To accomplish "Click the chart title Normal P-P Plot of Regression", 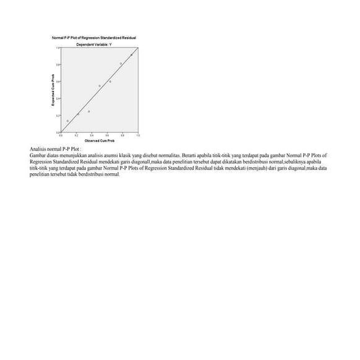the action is [x=95, y=38].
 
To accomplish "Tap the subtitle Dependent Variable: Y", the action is [x=94, y=45].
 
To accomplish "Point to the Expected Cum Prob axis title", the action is [x=53, y=90].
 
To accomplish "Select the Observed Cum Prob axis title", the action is [x=100, y=141].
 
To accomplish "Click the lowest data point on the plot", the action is [x=67, y=121].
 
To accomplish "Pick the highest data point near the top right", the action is [x=131, y=54].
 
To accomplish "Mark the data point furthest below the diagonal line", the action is [x=89, y=111].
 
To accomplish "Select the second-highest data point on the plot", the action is [x=121, y=64].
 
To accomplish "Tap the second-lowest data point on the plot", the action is [x=78, y=114].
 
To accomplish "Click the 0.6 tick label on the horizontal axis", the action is [x=107, y=135].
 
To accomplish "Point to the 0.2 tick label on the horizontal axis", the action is [x=75, y=135].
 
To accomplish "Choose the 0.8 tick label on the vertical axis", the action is [x=58, y=64].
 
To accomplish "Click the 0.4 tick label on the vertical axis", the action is [x=58, y=98].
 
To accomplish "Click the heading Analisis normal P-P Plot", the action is [x=56, y=150].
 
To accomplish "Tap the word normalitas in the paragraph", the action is [x=163, y=156].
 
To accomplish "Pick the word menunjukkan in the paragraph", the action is [x=74, y=156].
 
